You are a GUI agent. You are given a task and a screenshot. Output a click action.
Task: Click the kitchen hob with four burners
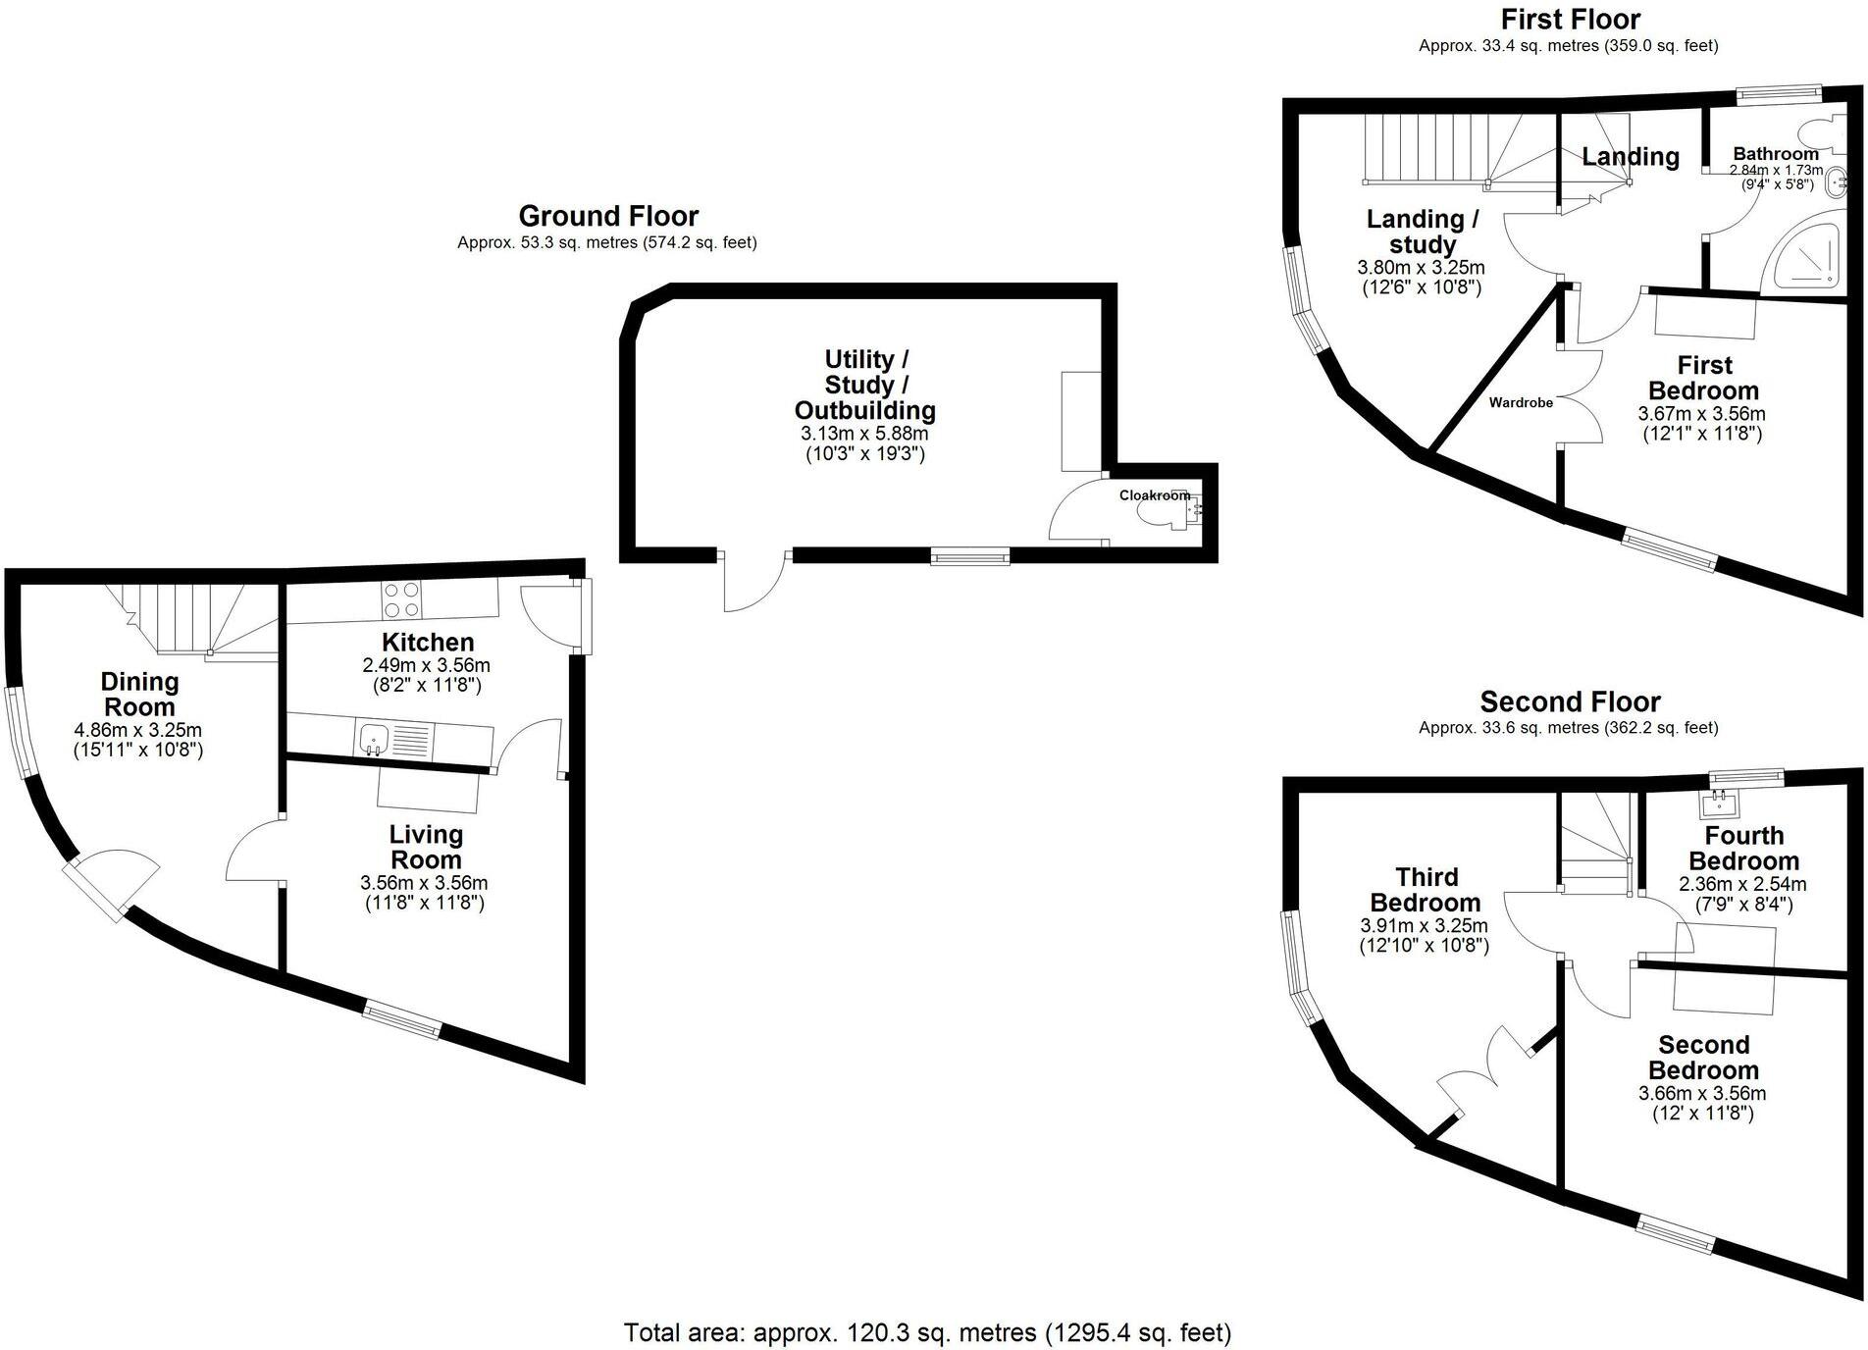403,599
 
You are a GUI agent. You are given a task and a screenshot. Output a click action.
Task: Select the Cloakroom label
1155,495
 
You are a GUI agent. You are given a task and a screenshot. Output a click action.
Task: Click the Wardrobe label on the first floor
1521,402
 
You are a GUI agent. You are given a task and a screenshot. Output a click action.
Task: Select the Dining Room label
139,694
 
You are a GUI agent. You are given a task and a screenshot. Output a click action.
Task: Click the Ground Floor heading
608,216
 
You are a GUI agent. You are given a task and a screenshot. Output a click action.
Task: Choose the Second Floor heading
1570,701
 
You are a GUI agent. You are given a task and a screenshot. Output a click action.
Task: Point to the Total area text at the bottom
927,1332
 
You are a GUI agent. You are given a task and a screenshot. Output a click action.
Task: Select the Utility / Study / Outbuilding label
864,385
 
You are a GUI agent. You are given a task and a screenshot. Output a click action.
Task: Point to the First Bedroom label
1703,378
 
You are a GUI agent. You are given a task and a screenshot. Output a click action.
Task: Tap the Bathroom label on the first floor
1775,154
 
